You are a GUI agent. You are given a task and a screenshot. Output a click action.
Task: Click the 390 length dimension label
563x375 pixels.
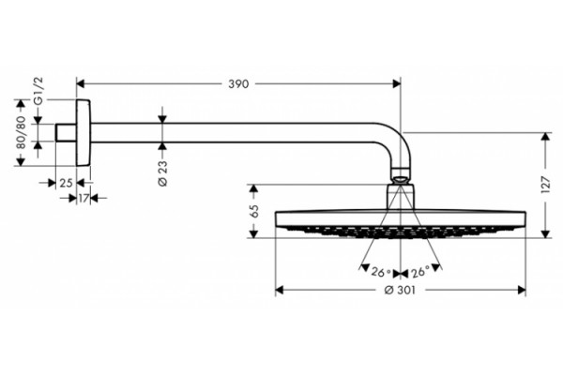coord(238,84)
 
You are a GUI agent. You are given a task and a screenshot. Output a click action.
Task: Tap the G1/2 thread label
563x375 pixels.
coord(38,90)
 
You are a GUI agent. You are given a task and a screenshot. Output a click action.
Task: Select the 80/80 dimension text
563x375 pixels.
coord(22,132)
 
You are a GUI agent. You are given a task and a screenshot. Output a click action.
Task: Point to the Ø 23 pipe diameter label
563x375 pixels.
coord(162,172)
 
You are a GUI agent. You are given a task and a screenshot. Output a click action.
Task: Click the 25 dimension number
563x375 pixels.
coord(66,183)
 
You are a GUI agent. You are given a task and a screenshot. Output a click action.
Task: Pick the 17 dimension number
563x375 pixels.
coord(84,198)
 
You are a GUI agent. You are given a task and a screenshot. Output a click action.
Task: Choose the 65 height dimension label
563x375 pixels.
coord(254,211)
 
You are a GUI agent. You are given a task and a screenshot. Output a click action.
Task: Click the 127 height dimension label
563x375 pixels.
coord(545,185)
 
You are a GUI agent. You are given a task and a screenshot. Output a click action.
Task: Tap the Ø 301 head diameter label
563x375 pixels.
coord(400,290)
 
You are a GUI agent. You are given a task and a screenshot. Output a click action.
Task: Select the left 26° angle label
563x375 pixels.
coord(381,273)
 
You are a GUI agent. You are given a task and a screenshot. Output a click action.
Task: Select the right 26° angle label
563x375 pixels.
coord(420,273)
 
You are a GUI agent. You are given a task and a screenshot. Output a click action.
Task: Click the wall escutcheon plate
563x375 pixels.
coord(84,132)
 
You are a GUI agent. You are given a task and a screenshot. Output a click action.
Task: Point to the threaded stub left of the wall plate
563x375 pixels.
coord(66,132)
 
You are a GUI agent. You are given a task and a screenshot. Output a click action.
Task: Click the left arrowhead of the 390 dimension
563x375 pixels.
coord(81,84)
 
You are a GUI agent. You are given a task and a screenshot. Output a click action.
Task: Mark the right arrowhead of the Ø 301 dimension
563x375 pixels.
coord(522,290)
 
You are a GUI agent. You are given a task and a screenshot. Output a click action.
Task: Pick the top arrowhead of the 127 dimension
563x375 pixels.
coord(546,137)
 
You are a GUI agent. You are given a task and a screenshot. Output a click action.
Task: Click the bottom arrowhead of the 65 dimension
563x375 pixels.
coord(254,233)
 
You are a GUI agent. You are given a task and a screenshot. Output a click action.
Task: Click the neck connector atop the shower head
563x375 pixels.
coord(401,197)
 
